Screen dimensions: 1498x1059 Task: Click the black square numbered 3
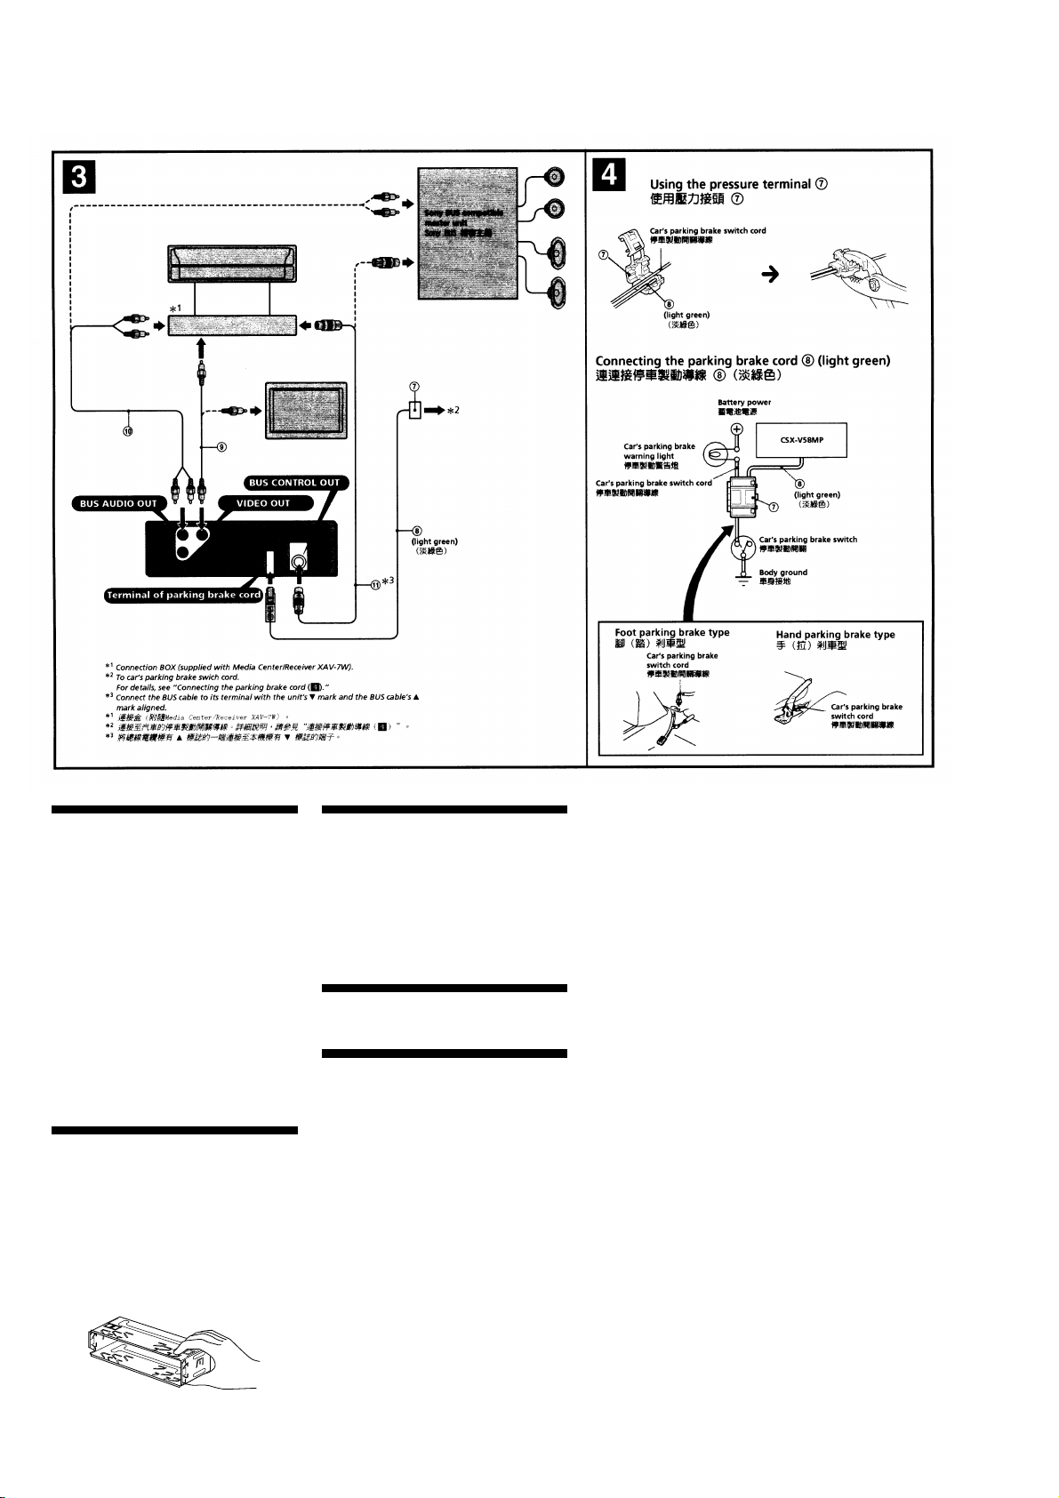pos(78,180)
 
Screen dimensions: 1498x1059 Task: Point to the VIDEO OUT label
pos(268,503)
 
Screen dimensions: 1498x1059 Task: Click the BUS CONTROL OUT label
pos(294,483)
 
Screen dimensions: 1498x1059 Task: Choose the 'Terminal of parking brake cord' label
pos(184,595)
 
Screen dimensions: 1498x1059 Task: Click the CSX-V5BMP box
pos(801,439)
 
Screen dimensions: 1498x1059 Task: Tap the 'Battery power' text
pos(743,402)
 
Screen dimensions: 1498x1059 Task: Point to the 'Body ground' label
pos(782,573)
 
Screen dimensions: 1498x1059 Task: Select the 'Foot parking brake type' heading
pos(671,632)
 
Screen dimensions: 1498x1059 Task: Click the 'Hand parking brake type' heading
pos(835,635)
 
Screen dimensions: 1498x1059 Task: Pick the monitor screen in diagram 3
pos(306,410)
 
